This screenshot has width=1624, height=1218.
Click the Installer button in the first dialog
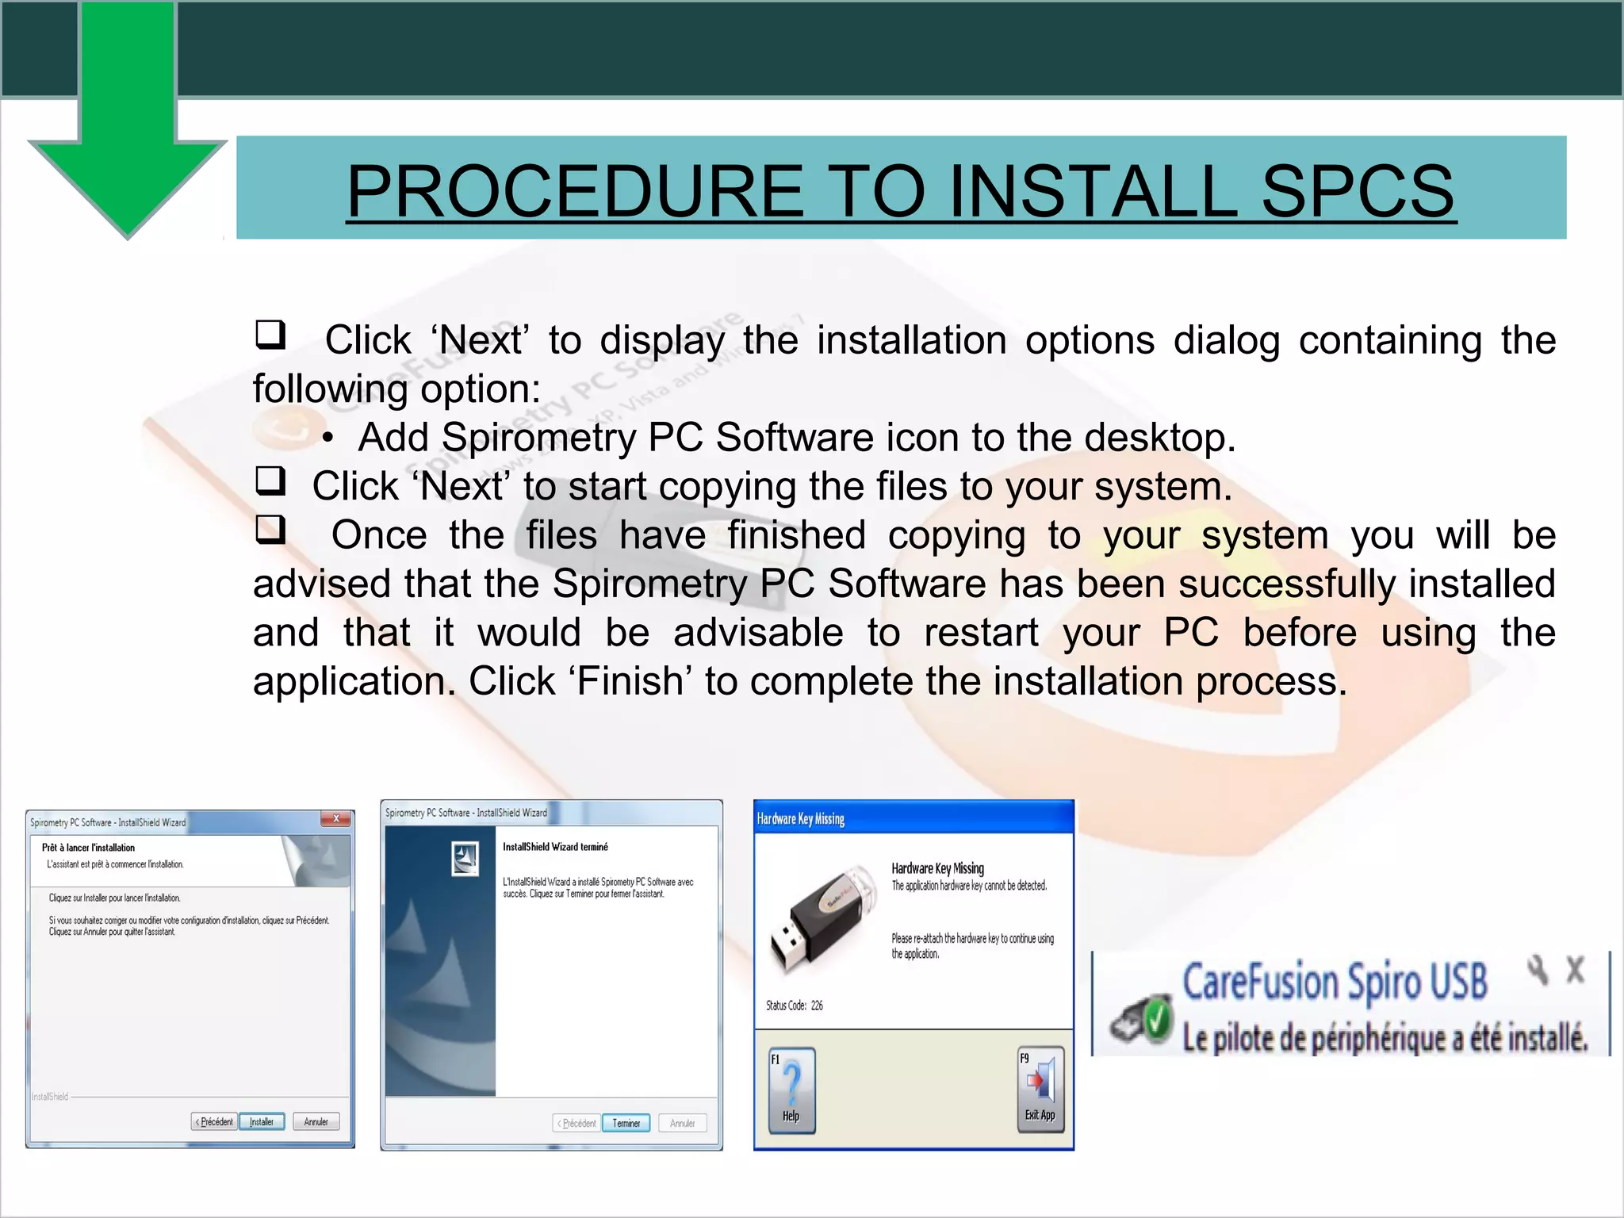[x=262, y=1121]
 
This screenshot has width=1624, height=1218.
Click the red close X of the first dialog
[x=336, y=819]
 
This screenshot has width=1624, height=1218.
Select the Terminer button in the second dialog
[x=626, y=1123]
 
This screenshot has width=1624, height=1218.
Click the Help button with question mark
[x=791, y=1090]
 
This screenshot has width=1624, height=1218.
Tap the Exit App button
[x=1040, y=1090]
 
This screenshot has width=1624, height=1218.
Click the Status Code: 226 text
[x=795, y=1005]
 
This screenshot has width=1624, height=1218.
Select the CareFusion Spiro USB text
[x=1335, y=982]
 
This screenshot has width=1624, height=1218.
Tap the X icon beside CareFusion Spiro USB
[x=1575, y=970]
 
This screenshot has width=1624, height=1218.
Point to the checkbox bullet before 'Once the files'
[x=270, y=529]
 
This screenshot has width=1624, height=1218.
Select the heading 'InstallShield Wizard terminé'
[x=555, y=847]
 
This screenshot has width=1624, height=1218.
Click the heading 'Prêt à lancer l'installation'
[x=88, y=848]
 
